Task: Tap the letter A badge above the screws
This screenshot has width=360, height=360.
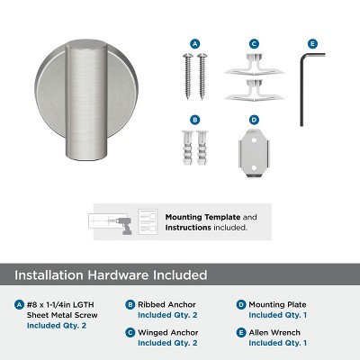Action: click(x=195, y=42)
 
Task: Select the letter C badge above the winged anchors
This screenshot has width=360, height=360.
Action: click(x=254, y=42)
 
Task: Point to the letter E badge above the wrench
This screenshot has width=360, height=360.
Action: click(x=312, y=42)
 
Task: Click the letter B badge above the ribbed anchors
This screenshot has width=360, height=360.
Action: click(x=195, y=119)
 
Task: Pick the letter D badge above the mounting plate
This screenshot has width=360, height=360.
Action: click(x=254, y=119)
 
